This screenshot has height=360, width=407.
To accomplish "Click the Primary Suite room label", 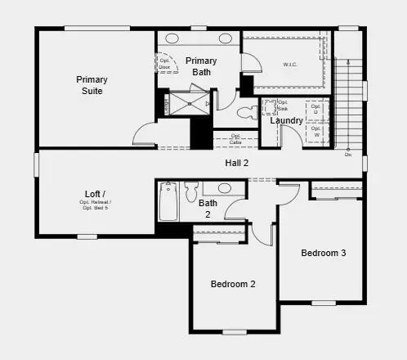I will pos(92,85).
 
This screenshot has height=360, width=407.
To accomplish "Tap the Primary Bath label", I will pos(201,66).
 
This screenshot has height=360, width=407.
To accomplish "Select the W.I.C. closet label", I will pos(290,64).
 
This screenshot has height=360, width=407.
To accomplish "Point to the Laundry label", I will pos(287,121).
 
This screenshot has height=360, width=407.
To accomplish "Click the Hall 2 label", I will pos(237,163).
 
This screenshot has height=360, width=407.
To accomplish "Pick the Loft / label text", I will pos(96,194).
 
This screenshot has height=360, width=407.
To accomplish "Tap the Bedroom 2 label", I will pos(233,284).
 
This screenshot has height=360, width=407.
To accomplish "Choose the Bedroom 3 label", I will pos(324,253).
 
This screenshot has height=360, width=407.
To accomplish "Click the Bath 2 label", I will pos(208,209).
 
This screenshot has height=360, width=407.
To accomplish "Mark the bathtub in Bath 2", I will pos(168,201).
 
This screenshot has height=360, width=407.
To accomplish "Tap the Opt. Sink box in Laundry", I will pos(271,107).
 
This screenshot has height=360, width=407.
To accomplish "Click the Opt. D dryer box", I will pos(316,108).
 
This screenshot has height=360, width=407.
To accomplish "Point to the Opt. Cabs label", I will pos(235,139).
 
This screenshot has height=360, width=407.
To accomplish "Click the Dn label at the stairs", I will pos(348,154).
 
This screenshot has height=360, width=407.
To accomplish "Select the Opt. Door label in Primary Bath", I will pos(163,63).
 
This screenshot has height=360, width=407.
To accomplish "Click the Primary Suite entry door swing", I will pos(144,133).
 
